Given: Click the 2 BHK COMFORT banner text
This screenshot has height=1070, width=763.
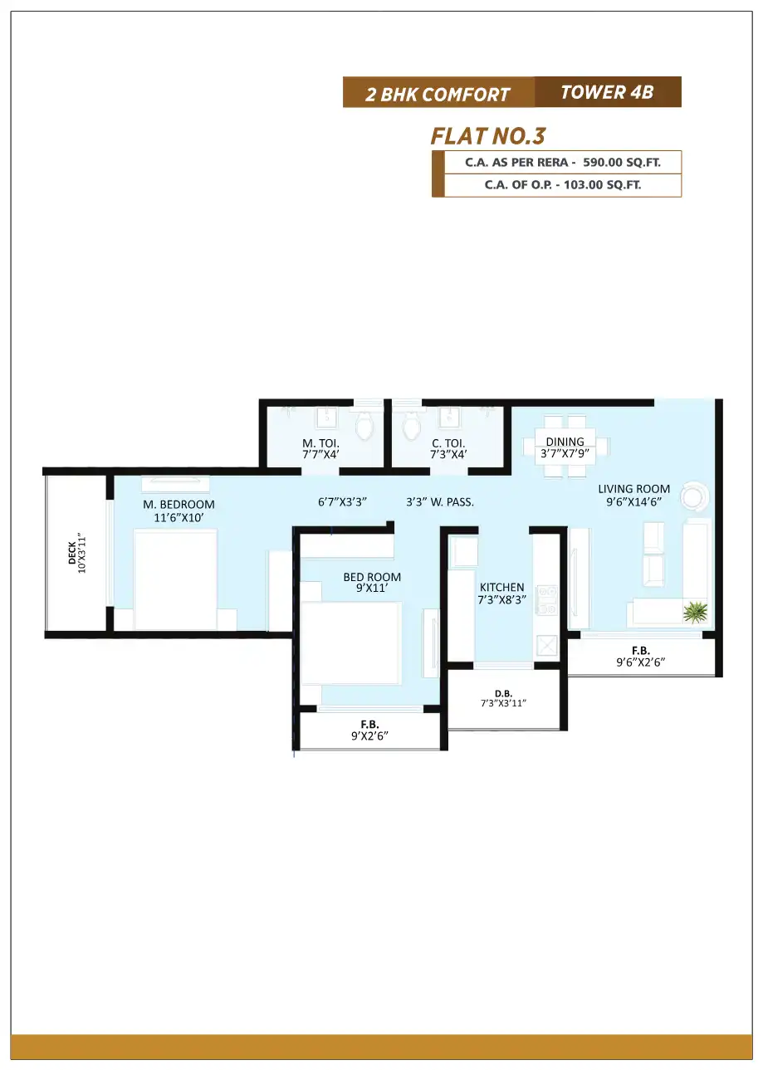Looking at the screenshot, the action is pyautogui.click(x=438, y=94).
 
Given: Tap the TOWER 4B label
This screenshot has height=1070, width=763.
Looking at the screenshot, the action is pyautogui.click(x=607, y=92).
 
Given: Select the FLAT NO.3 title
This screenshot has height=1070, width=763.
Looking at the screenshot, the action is pyautogui.click(x=487, y=136).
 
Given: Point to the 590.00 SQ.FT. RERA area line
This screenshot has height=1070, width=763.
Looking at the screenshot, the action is pyautogui.click(x=563, y=163).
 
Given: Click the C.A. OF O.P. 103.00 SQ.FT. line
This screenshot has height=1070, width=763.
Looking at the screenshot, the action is pyautogui.click(x=563, y=185).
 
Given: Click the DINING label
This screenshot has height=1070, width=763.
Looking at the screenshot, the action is pyautogui.click(x=565, y=442).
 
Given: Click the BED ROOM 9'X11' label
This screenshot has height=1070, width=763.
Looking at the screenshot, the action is pyautogui.click(x=372, y=582).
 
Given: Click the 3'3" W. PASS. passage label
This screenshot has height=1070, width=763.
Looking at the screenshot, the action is pyautogui.click(x=439, y=502).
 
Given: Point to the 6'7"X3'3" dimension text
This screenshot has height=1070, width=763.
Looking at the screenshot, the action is pyautogui.click(x=342, y=502).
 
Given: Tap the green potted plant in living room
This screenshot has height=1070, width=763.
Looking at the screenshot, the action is pyautogui.click(x=695, y=612).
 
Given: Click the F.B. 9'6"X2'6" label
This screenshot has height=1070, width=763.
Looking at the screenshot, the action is pyautogui.click(x=640, y=657).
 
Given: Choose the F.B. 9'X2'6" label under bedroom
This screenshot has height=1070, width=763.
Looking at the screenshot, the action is pyautogui.click(x=369, y=730).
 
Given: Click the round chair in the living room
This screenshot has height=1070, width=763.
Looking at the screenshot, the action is pyautogui.click(x=694, y=496).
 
